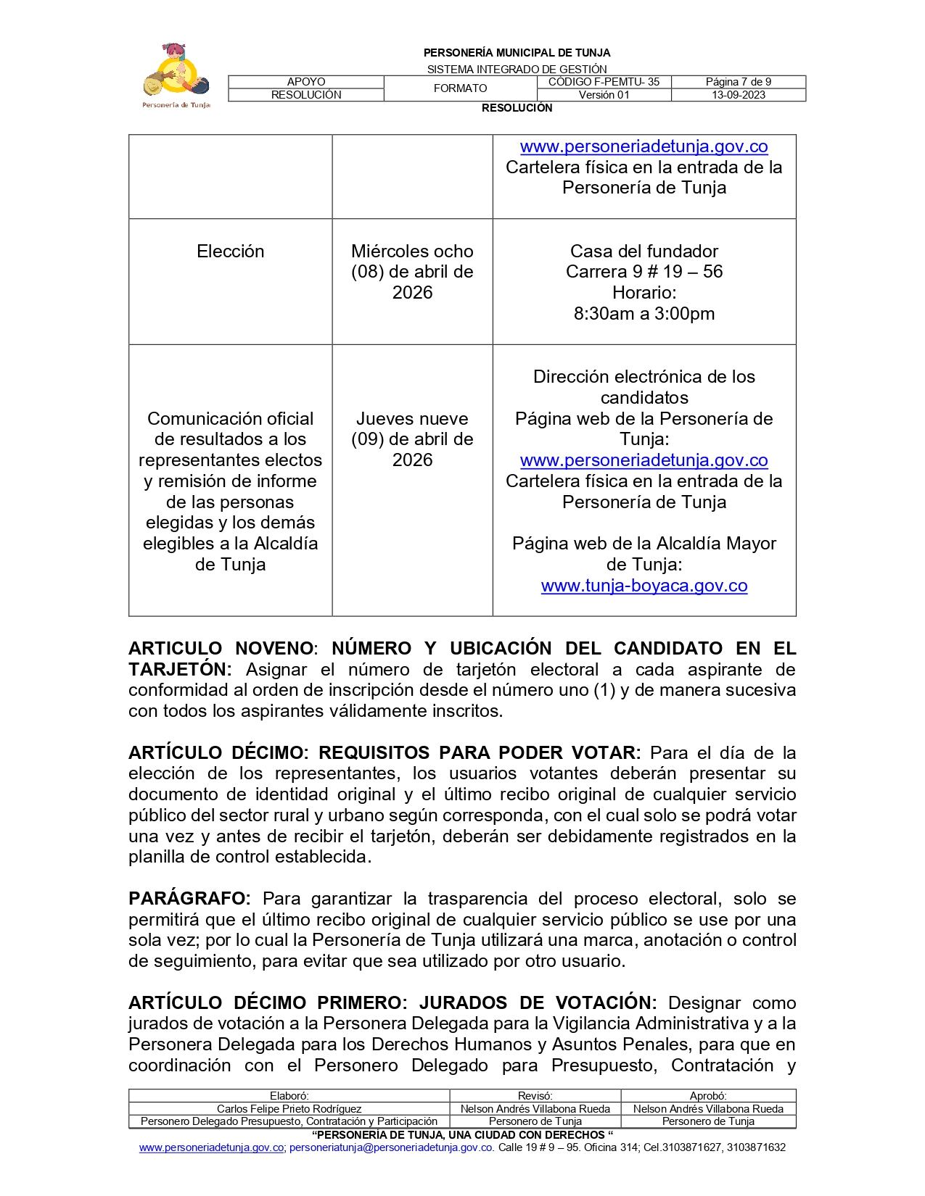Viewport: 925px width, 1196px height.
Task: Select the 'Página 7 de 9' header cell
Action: point(738,82)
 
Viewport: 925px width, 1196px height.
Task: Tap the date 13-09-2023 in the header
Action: point(738,95)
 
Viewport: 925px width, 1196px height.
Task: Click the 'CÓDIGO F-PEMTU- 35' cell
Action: point(604,82)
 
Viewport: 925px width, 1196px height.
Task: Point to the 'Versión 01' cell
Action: point(604,95)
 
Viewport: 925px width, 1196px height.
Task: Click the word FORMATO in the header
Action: point(460,88)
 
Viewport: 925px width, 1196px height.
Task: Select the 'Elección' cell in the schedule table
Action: point(230,252)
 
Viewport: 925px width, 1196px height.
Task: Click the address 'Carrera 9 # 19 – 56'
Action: point(644,272)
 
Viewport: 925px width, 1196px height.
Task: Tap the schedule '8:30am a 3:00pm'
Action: point(644,314)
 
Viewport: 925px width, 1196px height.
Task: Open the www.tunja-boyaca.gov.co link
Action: point(644,586)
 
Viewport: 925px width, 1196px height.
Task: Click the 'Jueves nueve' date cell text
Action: point(412,419)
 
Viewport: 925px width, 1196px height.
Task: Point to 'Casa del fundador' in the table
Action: point(644,252)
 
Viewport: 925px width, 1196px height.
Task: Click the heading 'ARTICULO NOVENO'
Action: point(221,648)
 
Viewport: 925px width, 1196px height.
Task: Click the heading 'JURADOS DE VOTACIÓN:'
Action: point(538,1003)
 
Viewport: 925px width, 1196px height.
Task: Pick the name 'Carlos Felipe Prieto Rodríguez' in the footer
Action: point(289,1109)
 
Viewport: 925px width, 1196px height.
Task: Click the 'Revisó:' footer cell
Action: point(535,1097)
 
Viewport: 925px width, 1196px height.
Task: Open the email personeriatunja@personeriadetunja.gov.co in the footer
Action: point(391,1148)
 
